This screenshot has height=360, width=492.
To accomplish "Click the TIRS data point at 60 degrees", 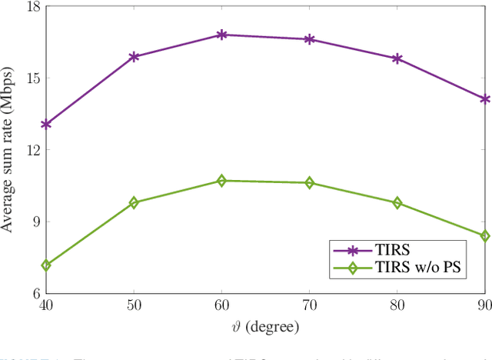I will click(x=221, y=35).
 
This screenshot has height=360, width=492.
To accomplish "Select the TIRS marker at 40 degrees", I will click(x=46, y=124).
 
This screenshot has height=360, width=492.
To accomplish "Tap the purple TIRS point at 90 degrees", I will click(x=485, y=98).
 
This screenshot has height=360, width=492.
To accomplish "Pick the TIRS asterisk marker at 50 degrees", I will click(x=134, y=56).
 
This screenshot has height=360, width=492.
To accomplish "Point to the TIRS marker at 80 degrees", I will click(x=397, y=58).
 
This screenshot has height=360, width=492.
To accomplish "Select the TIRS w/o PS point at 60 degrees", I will click(x=221, y=181).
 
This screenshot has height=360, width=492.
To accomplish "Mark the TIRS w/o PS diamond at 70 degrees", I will click(x=309, y=183).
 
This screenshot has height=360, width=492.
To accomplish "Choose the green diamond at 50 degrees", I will click(x=134, y=203).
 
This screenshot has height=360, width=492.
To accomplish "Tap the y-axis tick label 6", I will click(x=35, y=293).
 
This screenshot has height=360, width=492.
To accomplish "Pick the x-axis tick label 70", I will click(x=309, y=306).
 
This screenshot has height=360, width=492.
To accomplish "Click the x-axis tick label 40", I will click(x=46, y=306).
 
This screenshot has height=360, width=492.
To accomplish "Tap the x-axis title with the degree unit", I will click(x=264, y=327).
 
